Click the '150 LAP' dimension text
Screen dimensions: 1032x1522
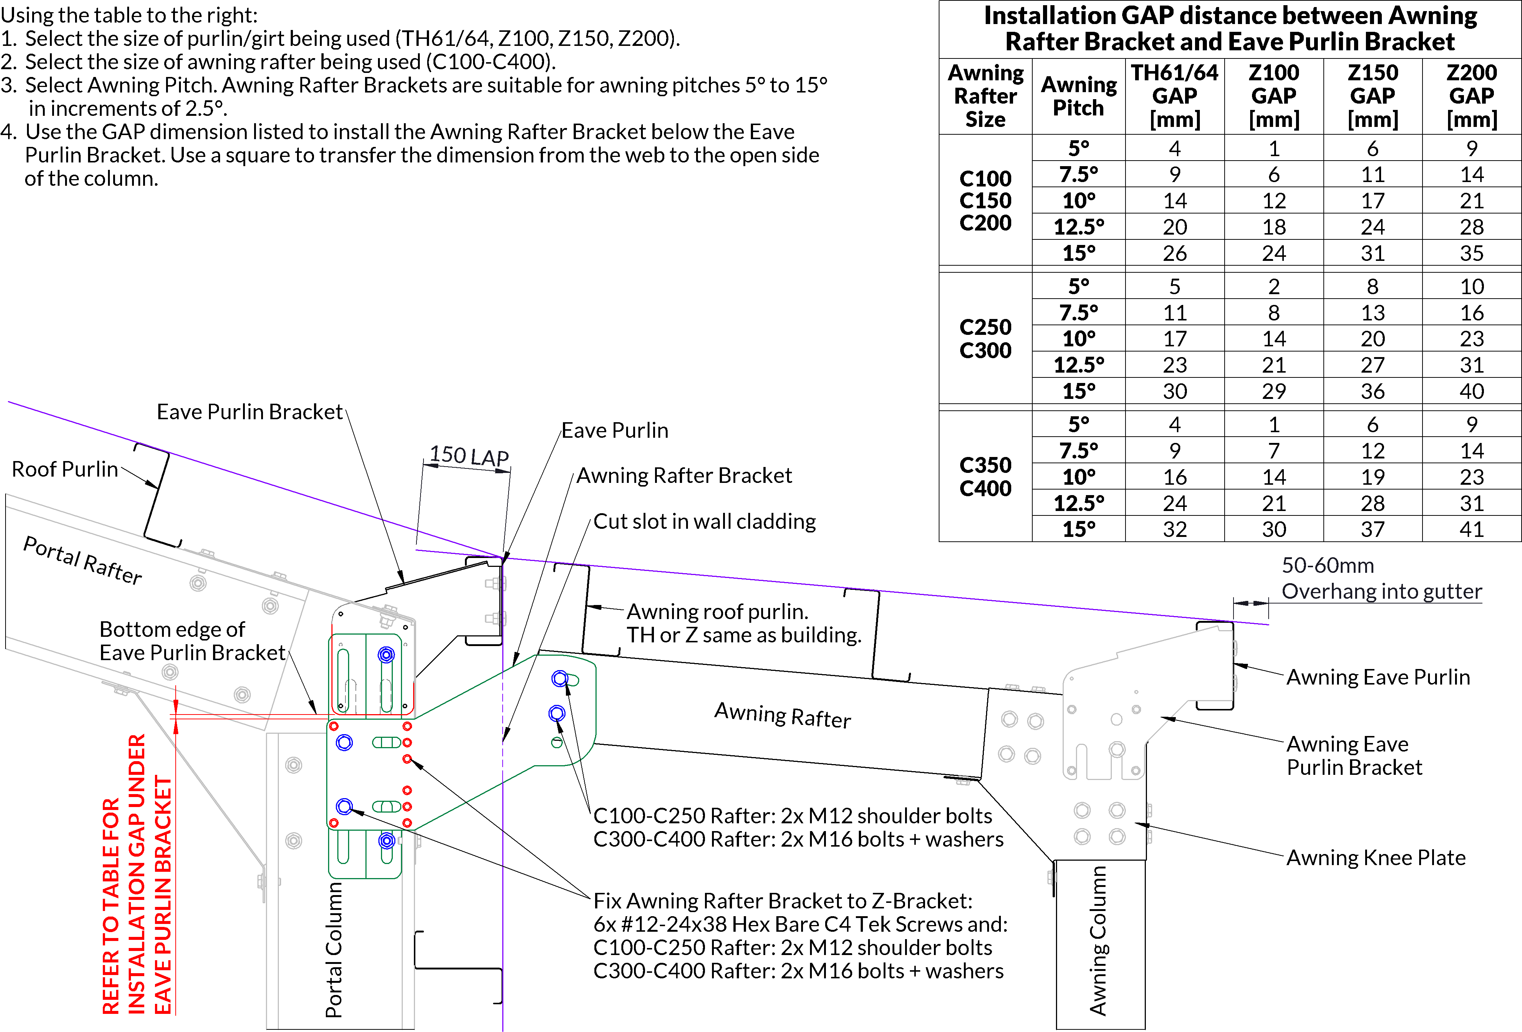tap(469, 456)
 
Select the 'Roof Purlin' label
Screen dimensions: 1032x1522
tap(65, 469)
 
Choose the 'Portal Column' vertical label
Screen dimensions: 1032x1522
tap(334, 950)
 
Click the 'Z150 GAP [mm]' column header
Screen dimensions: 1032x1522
tap(1373, 96)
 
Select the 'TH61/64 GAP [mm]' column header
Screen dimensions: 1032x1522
tap(1175, 96)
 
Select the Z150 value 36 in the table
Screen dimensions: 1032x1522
tap(1373, 391)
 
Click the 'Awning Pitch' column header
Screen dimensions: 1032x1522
tap(1079, 96)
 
